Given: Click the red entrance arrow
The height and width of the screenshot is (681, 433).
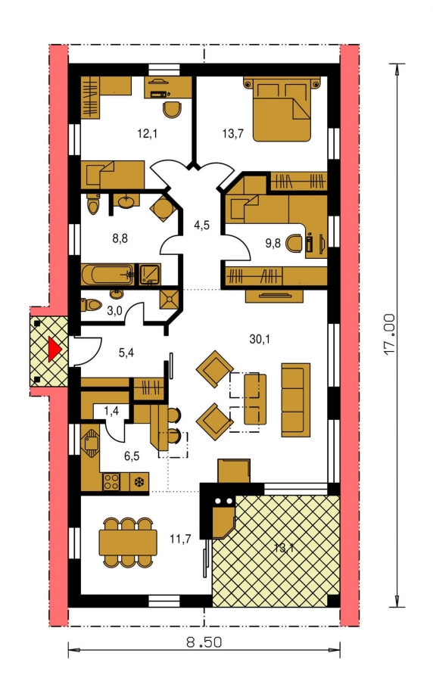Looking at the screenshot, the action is click(53, 349).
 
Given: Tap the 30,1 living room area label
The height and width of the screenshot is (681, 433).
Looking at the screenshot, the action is click(260, 339).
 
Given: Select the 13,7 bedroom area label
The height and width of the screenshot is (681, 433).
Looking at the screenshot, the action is click(232, 134).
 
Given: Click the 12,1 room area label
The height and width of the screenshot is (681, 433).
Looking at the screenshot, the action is click(147, 134).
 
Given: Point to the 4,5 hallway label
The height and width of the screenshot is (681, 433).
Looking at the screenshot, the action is click(201, 225).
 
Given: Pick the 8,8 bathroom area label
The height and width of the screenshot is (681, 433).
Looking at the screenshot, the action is click(120, 238).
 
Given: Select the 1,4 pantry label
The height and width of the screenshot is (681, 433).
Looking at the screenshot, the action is click(111, 410).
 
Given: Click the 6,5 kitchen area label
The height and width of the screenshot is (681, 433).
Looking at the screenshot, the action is click(132, 456).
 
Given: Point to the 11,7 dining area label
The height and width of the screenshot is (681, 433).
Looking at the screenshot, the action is click(180, 540).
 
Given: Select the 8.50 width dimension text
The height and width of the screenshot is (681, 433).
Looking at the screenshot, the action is click(204, 642).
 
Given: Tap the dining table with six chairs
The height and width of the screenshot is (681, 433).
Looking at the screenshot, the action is click(128, 542).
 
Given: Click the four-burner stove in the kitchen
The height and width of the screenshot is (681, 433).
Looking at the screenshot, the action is click(111, 481).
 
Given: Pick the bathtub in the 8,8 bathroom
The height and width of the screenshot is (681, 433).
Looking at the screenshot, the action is click(108, 275).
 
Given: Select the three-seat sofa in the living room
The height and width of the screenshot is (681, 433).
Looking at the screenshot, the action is click(296, 400).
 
